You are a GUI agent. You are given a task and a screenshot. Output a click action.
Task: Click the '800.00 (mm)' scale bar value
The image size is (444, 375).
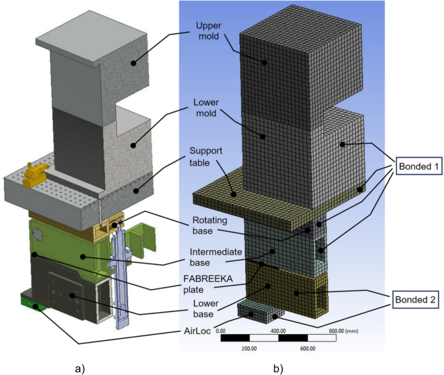pyautogui.click(x=344, y=330)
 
